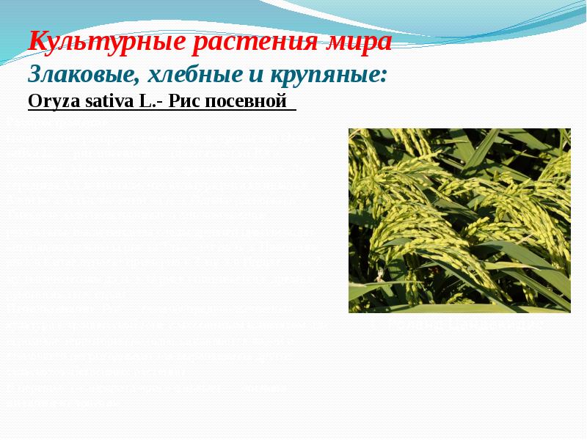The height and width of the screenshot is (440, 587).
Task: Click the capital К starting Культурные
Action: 38,42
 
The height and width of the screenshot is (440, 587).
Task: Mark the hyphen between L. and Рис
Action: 156,103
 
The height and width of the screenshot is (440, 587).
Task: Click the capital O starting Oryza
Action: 33,101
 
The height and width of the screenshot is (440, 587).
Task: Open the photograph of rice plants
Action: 459,220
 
